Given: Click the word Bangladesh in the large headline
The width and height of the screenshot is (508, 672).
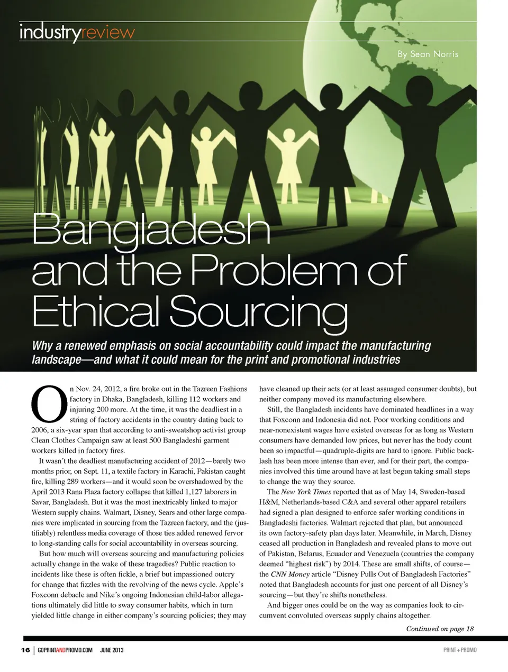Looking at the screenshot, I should click(151, 231).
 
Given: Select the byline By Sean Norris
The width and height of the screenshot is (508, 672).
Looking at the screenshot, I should click(428, 54).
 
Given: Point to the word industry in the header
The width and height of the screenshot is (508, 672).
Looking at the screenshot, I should click(50, 33).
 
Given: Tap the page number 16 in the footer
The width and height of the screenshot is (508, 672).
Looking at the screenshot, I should click(25, 650).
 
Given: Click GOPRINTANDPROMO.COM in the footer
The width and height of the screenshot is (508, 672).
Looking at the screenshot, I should click(66, 650).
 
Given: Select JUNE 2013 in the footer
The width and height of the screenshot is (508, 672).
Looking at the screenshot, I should click(112, 650).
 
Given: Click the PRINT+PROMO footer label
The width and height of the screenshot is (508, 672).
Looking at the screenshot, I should click(459, 650).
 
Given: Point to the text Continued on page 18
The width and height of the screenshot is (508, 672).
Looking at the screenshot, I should click(440, 629).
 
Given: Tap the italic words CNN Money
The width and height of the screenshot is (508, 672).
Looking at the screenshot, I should click(290, 574).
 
